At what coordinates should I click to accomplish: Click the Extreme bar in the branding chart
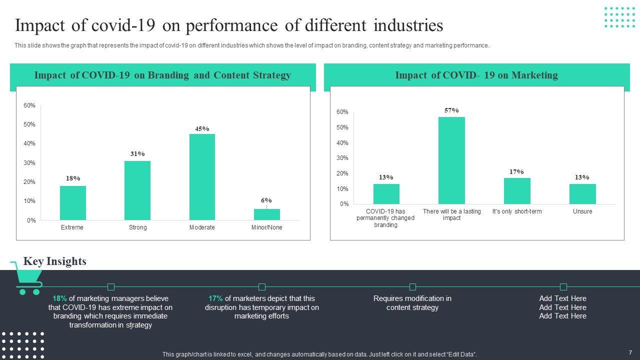73,203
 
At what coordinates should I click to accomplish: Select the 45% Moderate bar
202,177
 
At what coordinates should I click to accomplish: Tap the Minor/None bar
266,214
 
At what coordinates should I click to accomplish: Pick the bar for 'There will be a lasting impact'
451,160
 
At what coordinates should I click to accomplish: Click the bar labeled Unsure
582,194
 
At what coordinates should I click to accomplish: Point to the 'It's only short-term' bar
517,191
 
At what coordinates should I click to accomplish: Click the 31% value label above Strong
137,154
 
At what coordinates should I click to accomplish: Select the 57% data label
451,110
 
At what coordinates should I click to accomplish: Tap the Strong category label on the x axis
138,227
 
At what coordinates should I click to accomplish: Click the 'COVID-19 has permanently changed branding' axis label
386,218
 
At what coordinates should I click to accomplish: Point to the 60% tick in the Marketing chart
342,112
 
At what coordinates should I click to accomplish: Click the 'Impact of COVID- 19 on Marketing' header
476,75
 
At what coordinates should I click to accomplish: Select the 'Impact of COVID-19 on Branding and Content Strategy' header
162,75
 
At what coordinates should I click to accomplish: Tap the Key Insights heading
54,261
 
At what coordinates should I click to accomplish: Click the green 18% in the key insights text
59,298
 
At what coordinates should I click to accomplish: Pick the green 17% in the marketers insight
215,298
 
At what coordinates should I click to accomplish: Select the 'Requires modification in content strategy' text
412,303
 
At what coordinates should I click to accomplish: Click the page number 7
630,353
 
